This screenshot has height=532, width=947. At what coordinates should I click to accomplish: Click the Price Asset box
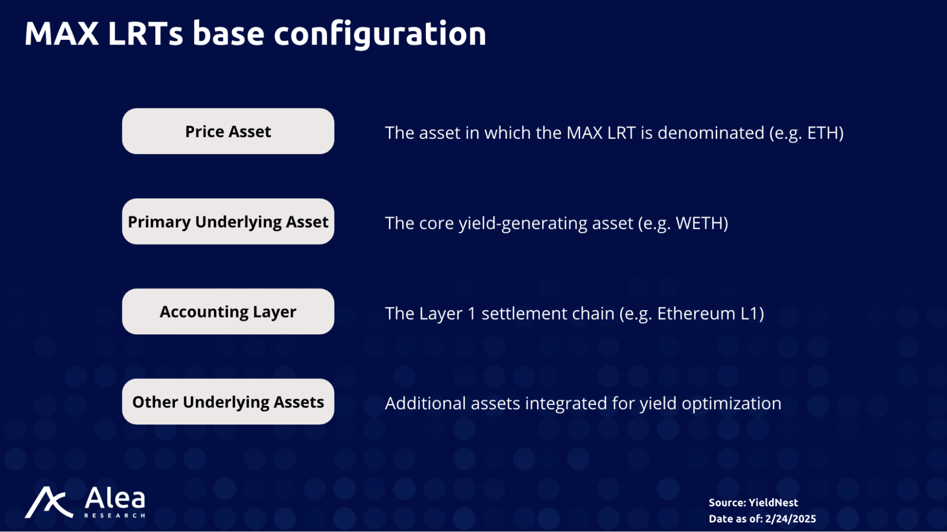(x=228, y=131)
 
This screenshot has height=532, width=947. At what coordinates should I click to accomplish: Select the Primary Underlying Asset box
(x=228, y=221)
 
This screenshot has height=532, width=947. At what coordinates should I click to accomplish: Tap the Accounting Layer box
(x=228, y=311)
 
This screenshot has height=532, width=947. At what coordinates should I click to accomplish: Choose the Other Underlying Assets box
(x=228, y=401)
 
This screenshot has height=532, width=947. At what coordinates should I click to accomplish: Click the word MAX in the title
(x=62, y=34)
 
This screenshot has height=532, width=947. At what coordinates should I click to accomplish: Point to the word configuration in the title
(x=380, y=35)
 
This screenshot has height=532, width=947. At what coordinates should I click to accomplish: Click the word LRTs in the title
(x=145, y=34)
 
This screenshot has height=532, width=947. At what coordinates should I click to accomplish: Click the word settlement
(x=548, y=314)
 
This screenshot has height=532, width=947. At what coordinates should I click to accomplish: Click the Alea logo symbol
(x=49, y=502)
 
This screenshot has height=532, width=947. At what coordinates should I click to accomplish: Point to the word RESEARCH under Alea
(x=115, y=515)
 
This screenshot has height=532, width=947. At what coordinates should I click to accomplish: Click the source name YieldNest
(x=773, y=503)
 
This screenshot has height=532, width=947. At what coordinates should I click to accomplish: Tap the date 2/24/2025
(x=791, y=519)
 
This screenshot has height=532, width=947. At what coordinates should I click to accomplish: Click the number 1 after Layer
(x=471, y=314)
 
